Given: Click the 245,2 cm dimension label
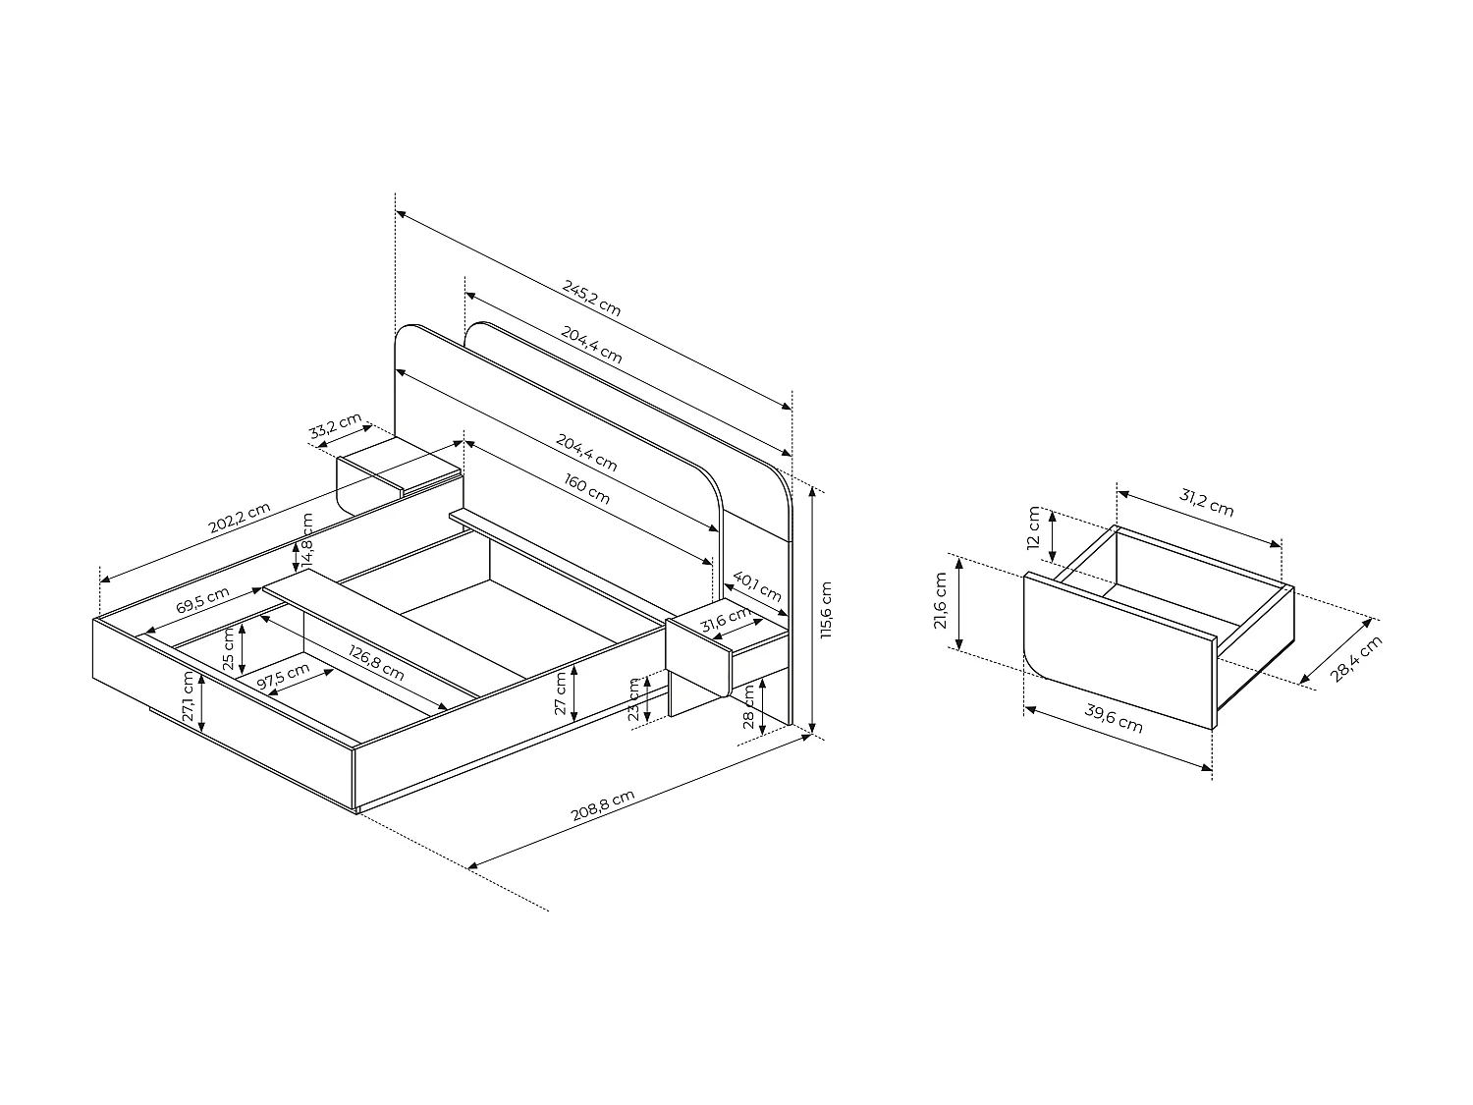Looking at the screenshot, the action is coord(591,297).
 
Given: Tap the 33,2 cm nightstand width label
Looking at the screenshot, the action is coord(336,428).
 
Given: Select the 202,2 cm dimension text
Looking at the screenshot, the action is coord(239,518).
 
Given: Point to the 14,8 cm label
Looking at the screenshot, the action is coord(307,539).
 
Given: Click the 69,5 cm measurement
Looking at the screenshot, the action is coord(202,599).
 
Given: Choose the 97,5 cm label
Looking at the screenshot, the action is coord(283,677).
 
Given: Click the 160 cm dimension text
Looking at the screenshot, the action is coord(587,489).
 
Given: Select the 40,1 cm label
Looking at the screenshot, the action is coord(757,586).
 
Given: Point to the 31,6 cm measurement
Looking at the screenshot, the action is coord(725,622).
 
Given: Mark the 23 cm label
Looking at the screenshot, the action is coord(634,699).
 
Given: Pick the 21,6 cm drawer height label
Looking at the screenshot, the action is coord(941,601).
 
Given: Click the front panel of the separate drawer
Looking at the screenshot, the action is coord(1119,648).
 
